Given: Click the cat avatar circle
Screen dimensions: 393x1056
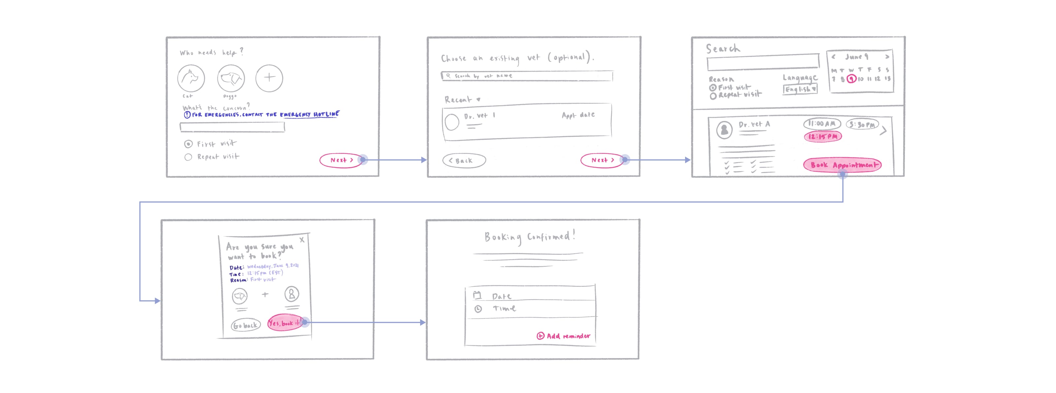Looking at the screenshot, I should click(x=191, y=78).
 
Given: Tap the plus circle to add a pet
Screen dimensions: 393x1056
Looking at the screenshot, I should click(x=269, y=78).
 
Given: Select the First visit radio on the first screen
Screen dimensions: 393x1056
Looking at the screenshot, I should click(x=188, y=144).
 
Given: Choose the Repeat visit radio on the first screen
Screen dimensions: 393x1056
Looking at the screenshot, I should click(x=188, y=157).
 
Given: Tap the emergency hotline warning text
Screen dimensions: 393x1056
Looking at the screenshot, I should click(x=262, y=115).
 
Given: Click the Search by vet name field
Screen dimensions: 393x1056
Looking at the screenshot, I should click(x=527, y=76).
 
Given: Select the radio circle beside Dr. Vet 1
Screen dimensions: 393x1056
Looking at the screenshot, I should click(x=452, y=122).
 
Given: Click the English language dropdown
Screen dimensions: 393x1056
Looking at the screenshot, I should click(x=800, y=89).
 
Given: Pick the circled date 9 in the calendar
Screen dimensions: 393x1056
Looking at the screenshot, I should click(x=851, y=79).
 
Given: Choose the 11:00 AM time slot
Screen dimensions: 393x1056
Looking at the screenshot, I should click(x=821, y=124).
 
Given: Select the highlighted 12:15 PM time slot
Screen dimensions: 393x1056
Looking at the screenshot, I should click(x=823, y=137).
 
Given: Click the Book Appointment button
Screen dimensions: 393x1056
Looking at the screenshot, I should click(x=842, y=165).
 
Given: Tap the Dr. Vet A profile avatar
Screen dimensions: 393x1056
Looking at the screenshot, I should click(x=724, y=130).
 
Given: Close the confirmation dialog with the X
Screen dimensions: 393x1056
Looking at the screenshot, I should click(x=302, y=239).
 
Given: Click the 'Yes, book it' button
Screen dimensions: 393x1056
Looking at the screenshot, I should click(x=284, y=323).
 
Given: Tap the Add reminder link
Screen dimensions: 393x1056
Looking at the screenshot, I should click(x=564, y=336).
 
